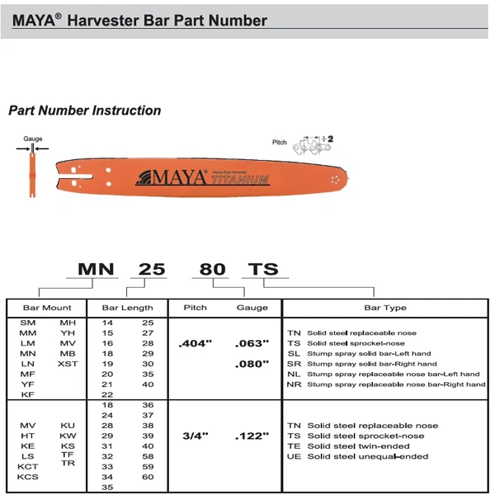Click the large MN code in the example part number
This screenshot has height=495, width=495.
[x=97, y=269]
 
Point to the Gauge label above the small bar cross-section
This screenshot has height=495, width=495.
[x=33, y=139]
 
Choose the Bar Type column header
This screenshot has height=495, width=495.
[x=385, y=308]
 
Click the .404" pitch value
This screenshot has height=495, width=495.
[x=195, y=343]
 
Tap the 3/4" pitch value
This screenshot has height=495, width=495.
[x=195, y=436]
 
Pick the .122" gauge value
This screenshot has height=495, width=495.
[x=252, y=436]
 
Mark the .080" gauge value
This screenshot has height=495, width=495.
[x=252, y=364]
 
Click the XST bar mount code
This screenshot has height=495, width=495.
[x=68, y=364]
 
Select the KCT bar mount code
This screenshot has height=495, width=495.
[x=27, y=467]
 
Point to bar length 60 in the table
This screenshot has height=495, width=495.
[x=148, y=477]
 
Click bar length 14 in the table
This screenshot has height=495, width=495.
[x=107, y=323]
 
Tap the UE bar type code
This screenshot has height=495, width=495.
[x=293, y=456]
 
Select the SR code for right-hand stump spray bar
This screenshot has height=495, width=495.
[x=293, y=364]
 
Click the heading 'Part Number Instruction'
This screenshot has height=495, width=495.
[x=84, y=111]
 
